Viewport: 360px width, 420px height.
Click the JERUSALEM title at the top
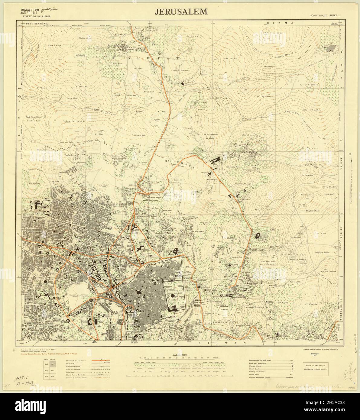click(181, 11)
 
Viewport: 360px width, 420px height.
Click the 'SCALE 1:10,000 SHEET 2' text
click(325, 16)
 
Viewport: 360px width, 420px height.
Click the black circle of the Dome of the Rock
click(174, 297)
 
